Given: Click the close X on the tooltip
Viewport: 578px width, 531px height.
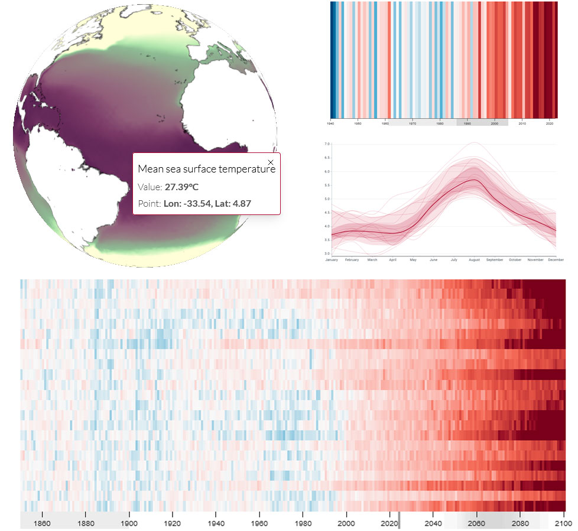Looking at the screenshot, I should (271, 162).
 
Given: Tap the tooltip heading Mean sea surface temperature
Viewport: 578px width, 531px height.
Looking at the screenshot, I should (206, 169).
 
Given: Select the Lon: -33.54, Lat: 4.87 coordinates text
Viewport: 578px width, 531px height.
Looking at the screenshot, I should (213, 204).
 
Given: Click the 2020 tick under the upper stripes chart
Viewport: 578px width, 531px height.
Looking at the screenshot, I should (550, 123).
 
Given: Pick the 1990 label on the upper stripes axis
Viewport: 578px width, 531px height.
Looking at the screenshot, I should (467, 123).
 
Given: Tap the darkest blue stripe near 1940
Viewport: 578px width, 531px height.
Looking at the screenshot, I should (333, 59).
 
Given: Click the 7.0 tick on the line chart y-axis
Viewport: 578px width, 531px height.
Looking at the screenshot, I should (327, 144).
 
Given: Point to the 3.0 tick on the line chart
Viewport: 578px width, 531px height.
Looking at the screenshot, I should (327, 253).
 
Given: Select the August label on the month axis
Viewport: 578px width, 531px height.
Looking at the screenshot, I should (473, 259).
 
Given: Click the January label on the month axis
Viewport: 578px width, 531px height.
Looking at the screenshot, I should (332, 259).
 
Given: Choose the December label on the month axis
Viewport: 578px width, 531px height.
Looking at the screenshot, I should (556, 259).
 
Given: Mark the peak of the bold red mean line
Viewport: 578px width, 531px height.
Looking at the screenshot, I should (473, 180).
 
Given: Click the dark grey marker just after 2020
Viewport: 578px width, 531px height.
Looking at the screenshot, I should (399, 520).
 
